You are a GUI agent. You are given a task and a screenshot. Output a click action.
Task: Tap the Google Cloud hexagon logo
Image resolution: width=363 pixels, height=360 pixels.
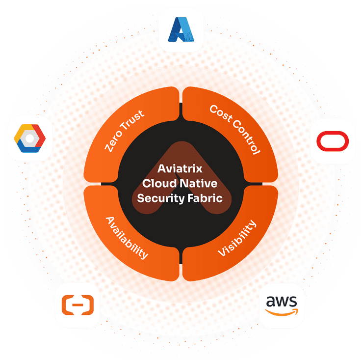pyautogui.click(x=29, y=138)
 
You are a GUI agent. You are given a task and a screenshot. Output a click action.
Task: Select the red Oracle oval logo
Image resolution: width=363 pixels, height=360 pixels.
pyautogui.click(x=333, y=141)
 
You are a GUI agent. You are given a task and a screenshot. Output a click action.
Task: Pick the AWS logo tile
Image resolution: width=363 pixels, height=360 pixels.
pyautogui.click(x=281, y=305)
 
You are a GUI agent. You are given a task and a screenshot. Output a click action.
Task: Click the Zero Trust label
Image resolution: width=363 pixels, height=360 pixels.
pyautogui.click(x=125, y=131)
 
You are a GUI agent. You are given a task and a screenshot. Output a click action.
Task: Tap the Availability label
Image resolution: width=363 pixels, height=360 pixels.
pyautogui.click(x=127, y=237)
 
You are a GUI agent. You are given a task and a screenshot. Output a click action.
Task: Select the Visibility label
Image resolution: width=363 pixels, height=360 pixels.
pyautogui.click(x=237, y=238)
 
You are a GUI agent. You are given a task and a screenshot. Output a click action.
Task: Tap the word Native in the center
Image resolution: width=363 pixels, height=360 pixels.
pyautogui.click(x=200, y=183)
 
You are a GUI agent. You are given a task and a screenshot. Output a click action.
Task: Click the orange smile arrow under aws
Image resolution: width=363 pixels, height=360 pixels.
pyautogui.click(x=282, y=312)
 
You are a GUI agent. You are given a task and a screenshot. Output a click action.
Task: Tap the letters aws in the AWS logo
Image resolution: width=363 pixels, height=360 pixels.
pyautogui.click(x=281, y=301)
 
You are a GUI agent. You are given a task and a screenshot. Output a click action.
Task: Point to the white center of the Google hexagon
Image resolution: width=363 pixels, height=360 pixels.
pyautogui.click(x=29, y=139)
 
